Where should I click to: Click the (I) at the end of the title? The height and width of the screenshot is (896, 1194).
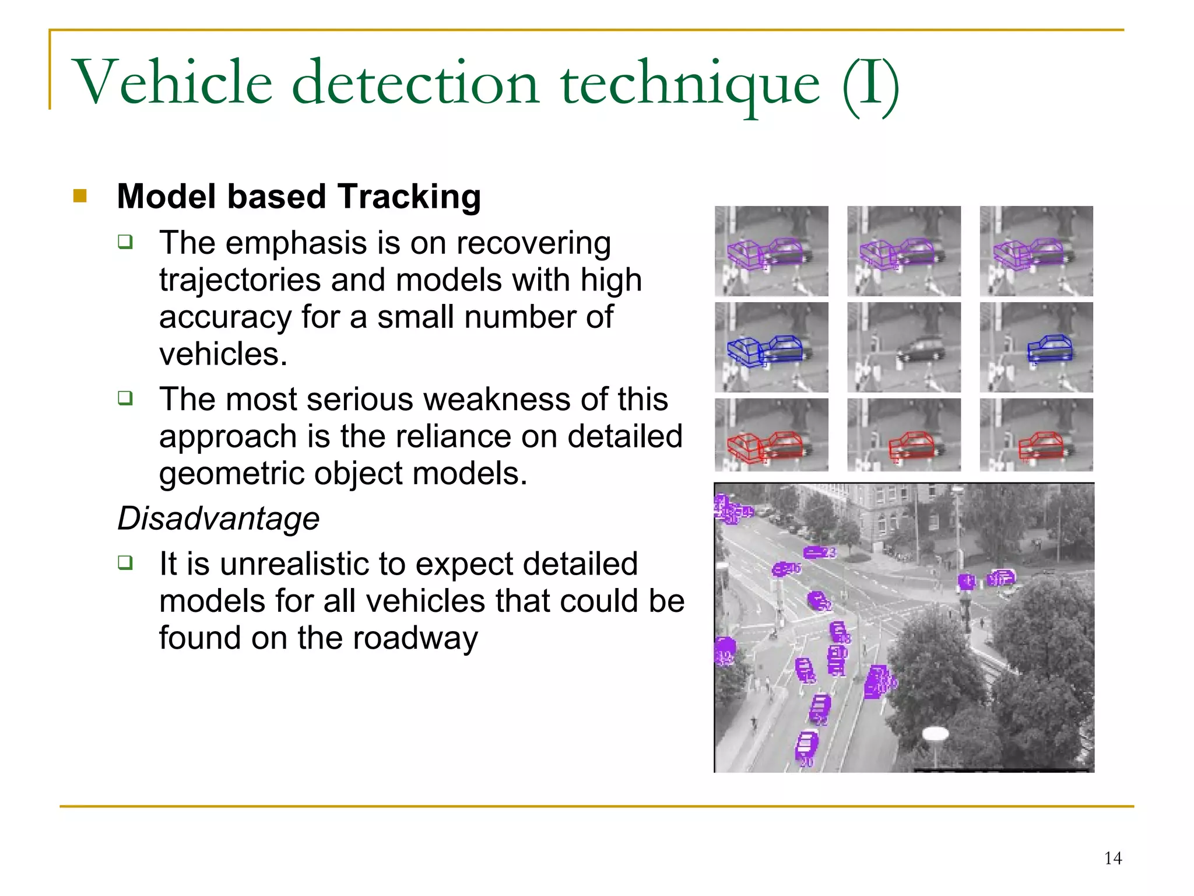pos(871,83)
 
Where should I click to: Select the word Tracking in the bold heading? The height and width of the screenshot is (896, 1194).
pos(409,197)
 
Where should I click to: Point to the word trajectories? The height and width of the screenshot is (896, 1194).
pos(240,280)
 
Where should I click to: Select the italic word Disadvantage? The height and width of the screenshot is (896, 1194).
pos(219,518)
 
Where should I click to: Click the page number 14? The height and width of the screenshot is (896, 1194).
pos(1112,858)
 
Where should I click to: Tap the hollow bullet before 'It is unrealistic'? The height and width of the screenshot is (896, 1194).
pos(125,562)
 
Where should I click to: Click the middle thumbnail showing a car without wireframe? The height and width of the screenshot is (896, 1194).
pos(904,347)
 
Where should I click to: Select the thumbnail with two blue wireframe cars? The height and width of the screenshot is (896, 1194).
pos(771,347)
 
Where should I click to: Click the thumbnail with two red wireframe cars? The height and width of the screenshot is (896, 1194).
pos(771,435)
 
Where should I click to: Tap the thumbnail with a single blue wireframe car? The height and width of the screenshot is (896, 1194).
pos(1036,347)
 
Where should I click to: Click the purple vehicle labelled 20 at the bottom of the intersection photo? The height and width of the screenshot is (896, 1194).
pos(807,745)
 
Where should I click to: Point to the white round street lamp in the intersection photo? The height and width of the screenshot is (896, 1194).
pos(936,734)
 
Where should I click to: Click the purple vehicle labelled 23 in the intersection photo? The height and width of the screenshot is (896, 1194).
pos(818,552)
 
